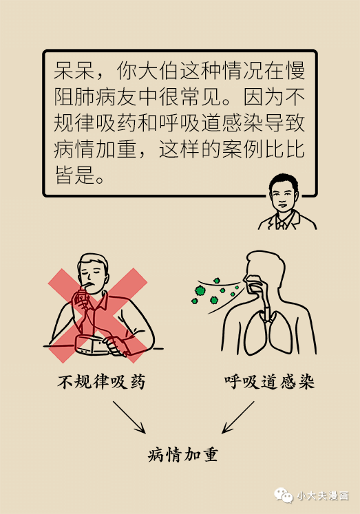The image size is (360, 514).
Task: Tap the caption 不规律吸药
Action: coord(101,382)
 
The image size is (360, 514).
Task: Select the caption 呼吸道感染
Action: coord(270,382)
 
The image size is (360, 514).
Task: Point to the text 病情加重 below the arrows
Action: coord(183,454)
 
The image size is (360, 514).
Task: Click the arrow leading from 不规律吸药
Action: coord(129,417)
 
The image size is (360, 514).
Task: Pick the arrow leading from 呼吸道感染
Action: coord(238,417)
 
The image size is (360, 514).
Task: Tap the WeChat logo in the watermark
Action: coord(284,495)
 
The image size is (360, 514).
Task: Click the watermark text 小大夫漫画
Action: coord(323,495)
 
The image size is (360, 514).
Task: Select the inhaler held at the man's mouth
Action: coord(81,296)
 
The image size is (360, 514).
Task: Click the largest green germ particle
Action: coord(200,290)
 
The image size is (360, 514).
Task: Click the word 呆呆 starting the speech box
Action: coord(74,69)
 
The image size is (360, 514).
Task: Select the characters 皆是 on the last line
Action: coord(75,174)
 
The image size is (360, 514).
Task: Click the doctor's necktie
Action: coord(281,224)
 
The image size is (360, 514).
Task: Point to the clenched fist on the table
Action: coord(116,345)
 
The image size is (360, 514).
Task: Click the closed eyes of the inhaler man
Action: coord(91,272)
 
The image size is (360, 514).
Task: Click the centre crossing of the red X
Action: coord(98,315)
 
